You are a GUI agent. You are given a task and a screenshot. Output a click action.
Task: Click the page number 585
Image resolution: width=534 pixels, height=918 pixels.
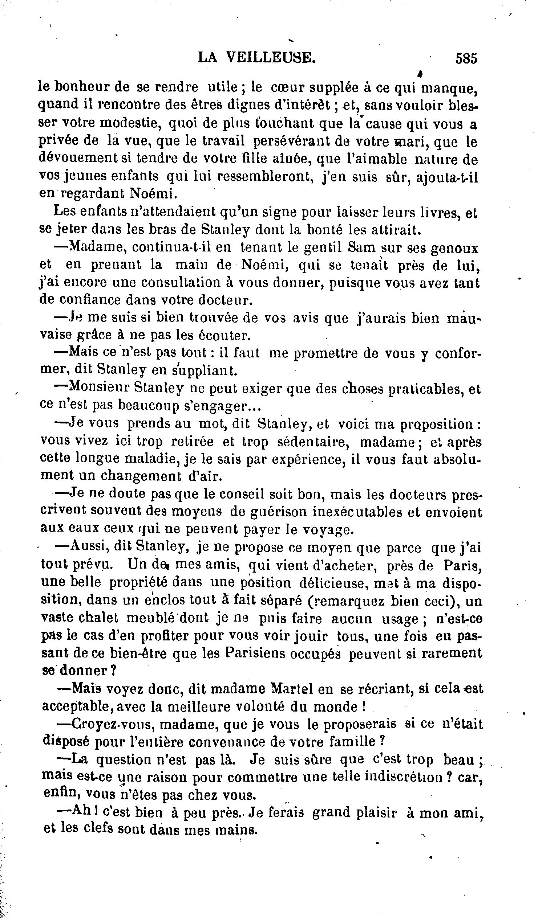coord(466,58)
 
